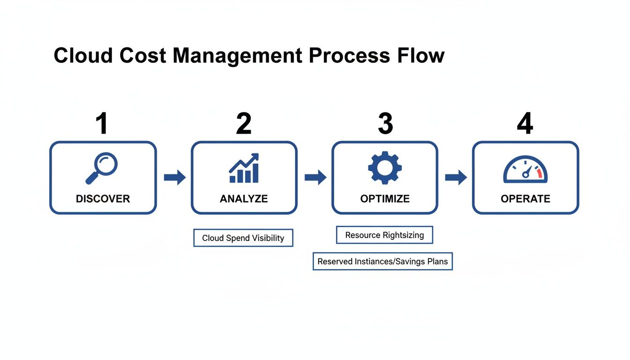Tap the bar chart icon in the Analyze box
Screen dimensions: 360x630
244,168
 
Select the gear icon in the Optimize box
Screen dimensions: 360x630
384,167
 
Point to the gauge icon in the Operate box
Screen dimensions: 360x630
525,170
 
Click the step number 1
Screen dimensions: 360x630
102,124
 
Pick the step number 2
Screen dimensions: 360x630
244,124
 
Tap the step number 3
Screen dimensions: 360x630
385,124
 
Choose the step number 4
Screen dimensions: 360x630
525,124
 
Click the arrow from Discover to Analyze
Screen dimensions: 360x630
174,177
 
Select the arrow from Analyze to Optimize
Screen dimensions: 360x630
315,177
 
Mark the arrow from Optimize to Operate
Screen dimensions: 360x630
456,177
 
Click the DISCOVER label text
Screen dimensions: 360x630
103,199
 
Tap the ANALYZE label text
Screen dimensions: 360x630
244,199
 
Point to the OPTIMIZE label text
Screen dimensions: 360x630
385,199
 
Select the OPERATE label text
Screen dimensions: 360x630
525,199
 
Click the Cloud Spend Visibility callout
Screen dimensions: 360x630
243,238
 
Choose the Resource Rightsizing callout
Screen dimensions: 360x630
384,235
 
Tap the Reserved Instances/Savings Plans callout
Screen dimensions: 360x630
382,261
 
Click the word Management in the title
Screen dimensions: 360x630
237,56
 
